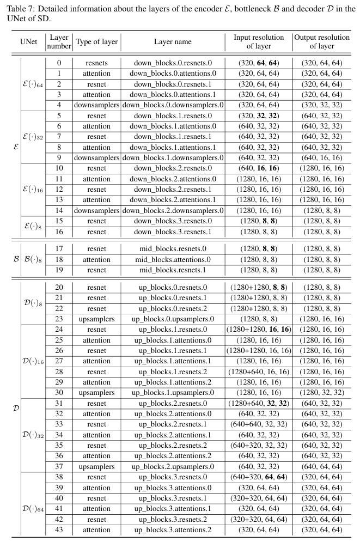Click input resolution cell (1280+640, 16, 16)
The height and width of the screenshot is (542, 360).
tap(259, 372)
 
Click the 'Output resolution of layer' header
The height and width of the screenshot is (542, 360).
tap(321, 41)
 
